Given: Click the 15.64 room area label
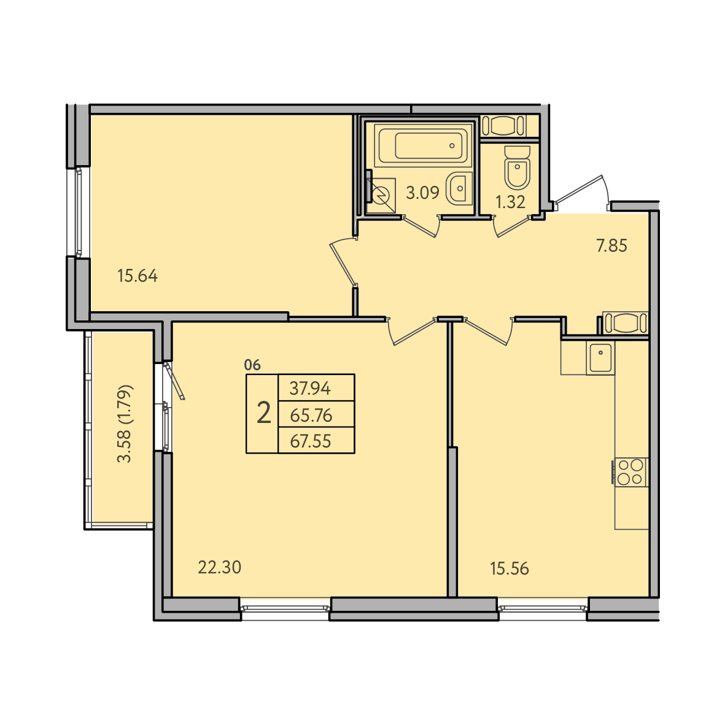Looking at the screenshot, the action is pos(138,276).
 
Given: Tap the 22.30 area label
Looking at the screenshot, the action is pos(220,567).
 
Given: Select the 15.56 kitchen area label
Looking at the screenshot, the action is pos(510,568).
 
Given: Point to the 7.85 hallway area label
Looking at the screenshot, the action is pos(611,246).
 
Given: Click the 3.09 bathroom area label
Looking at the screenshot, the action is pos(422,192).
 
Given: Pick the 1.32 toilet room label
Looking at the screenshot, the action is pos(511,202).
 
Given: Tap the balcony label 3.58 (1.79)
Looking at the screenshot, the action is pos(125,424).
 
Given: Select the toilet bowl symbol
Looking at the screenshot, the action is pos(517,168).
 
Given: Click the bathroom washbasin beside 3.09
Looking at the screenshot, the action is pos(459,188).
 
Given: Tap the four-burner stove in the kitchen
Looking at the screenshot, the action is pos(630,471).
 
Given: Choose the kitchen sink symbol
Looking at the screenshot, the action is pos(600,358).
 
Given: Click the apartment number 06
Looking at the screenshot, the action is pos(252,365).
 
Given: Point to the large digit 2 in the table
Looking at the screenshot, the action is pos(263,413).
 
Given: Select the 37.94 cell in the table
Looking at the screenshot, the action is pos(310,389).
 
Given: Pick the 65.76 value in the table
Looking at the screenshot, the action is pos(311,415).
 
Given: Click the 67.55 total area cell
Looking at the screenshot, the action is pos(311,441).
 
